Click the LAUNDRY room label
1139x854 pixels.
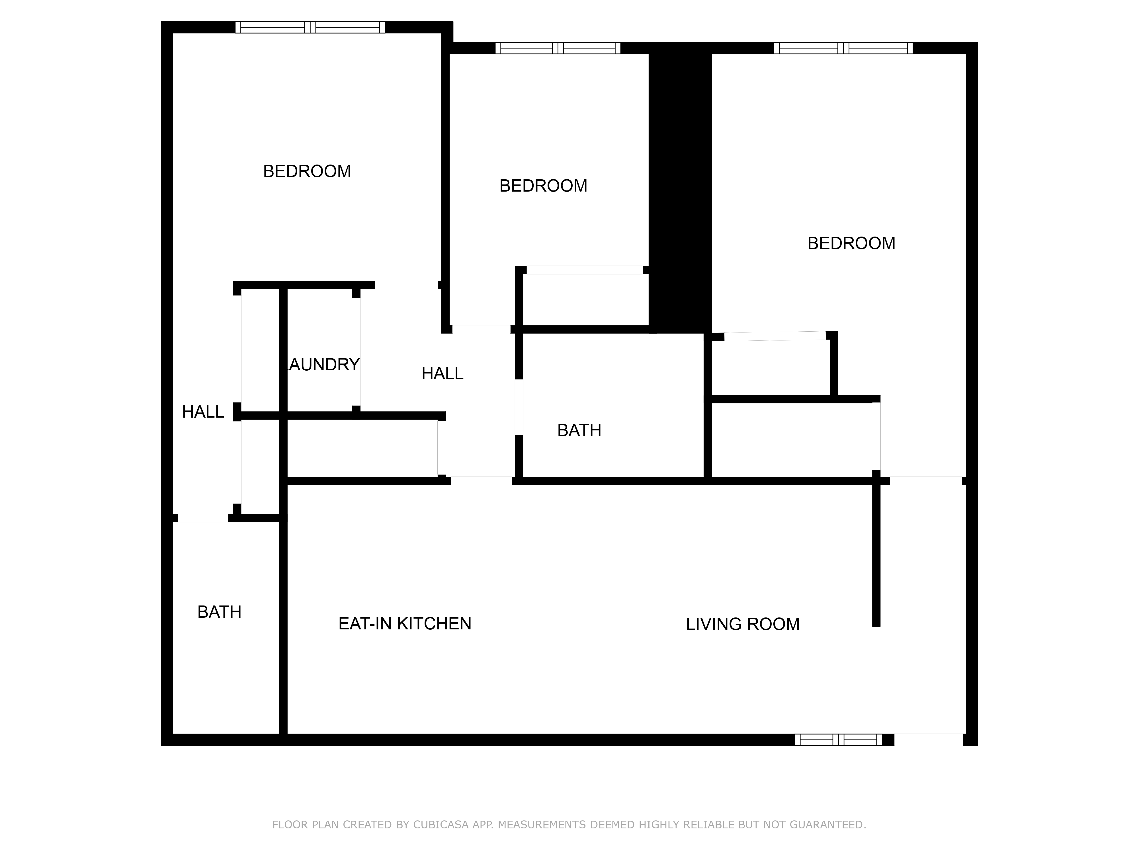point(322,364)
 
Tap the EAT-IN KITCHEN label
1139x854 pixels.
point(405,623)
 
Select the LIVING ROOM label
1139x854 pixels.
point(743,624)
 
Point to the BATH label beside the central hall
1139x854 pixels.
point(579,430)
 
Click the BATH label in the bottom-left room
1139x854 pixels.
point(219,611)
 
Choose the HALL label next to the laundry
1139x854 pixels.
point(442,373)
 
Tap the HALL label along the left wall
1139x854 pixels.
point(203,412)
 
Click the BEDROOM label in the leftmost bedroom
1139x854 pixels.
point(307,171)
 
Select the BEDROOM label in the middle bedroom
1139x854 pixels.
point(543,185)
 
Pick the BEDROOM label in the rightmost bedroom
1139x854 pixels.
point(851,243)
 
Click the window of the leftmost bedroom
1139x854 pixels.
point(310,27)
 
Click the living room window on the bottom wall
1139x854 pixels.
point(838,740)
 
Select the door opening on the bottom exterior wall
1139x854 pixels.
point(928,740)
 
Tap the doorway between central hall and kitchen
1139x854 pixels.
point(482,481)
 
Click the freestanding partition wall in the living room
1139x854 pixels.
point(876,556)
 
